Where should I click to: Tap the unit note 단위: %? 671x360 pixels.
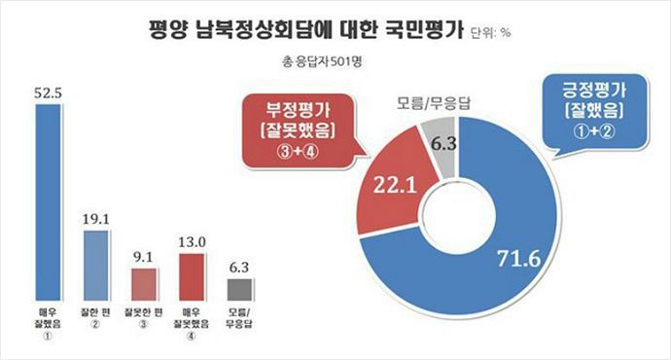click(490, 34)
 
